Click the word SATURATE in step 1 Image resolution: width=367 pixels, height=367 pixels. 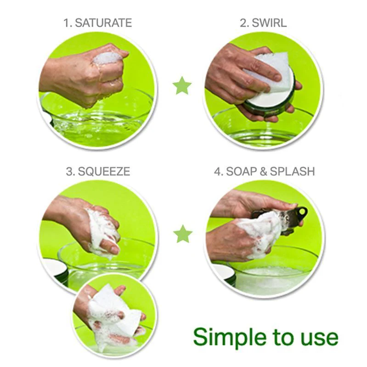103,23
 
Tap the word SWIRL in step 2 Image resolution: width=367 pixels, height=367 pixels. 269,23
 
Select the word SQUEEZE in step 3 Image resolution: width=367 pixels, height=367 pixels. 104,171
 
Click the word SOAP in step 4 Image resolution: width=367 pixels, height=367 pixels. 241,171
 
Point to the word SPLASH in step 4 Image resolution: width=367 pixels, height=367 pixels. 292,171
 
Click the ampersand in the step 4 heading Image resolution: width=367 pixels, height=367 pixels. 263,171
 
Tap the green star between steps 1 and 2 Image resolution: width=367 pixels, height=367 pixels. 182,85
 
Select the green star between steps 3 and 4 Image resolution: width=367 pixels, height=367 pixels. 183,234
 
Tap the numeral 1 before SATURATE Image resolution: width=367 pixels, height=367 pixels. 67,23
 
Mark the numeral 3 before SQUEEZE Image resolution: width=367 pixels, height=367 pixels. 69,171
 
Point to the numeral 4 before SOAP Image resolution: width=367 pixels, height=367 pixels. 218,171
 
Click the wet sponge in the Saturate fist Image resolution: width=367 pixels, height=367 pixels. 107,58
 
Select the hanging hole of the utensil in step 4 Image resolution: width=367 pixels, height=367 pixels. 303,211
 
